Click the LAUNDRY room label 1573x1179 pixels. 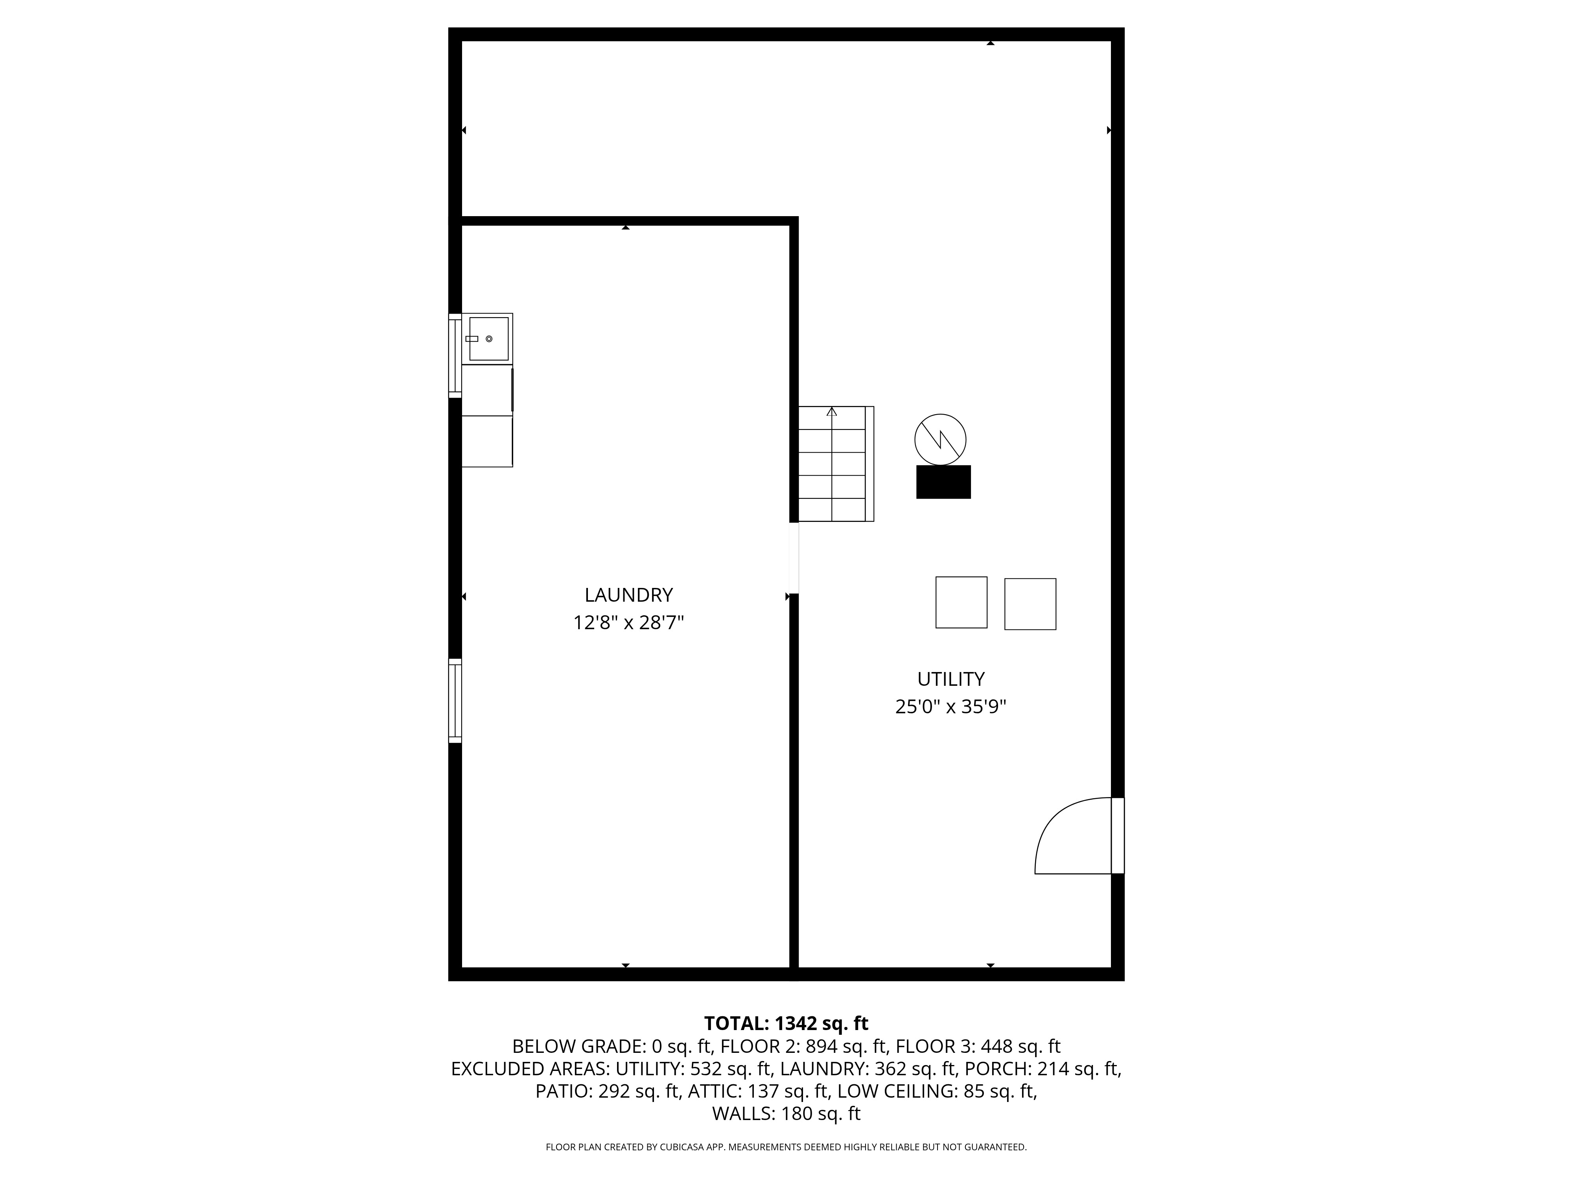[x=629, y=595]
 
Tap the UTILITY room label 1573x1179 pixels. [x=951, y=679]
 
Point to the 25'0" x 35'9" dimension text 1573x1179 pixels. [x=951, y=707]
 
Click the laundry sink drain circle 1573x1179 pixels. [x=489, y=339]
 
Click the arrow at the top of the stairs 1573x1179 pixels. [x=832, y=411]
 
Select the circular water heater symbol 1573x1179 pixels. [x=940, y=440]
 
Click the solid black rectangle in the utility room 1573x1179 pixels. [x=943, y=482]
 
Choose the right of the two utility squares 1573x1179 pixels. [x=1030, y=604]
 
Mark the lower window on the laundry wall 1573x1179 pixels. [x=455, y=701]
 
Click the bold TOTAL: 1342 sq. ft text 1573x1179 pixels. [x=786, y=1023]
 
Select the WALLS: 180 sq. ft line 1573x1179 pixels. [x=786, y=1114]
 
